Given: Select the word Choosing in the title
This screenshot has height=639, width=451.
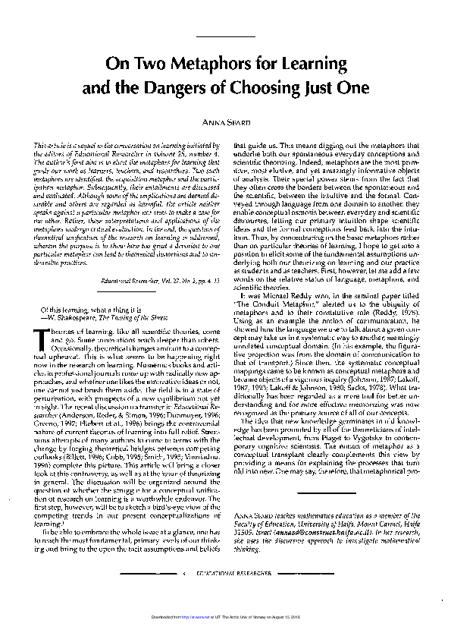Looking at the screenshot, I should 274,87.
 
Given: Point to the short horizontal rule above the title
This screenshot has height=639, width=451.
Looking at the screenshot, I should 225,36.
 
